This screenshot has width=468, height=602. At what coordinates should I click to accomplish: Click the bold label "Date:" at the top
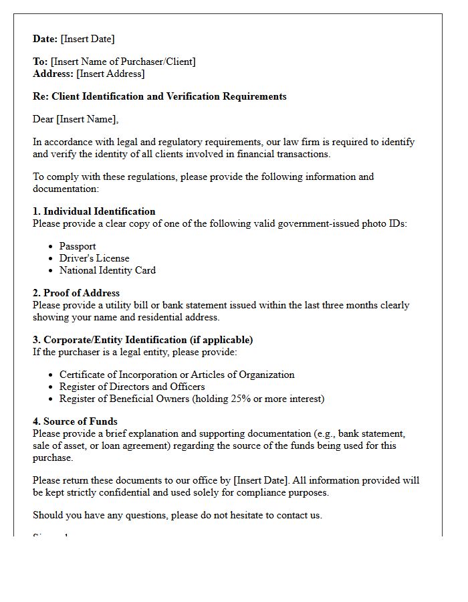[x=45, y=39]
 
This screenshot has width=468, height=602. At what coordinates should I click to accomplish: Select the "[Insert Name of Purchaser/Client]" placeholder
[x=123, y=62]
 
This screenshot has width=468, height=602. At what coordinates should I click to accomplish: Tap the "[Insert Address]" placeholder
[x=110, y=74]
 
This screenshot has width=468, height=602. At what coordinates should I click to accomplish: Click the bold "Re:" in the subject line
[x=40, y=96]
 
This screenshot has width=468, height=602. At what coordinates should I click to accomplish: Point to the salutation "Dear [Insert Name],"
[x=76, y=119]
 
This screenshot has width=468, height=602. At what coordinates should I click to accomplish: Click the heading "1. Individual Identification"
[x=94, y=211]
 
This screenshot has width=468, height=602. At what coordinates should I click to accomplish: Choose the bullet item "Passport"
[x=78, y=246]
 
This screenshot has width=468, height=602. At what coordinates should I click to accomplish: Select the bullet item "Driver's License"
[x=94, y=258]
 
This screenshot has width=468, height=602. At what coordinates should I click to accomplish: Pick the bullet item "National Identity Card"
[x=108, y=270]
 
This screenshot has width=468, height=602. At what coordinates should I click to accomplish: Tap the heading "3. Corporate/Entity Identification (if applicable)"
[x=142, y=340]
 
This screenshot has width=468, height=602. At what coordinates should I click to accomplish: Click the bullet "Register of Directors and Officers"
[x=132, y=387]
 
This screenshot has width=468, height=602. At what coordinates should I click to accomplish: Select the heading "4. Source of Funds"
[x=75, y=421]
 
